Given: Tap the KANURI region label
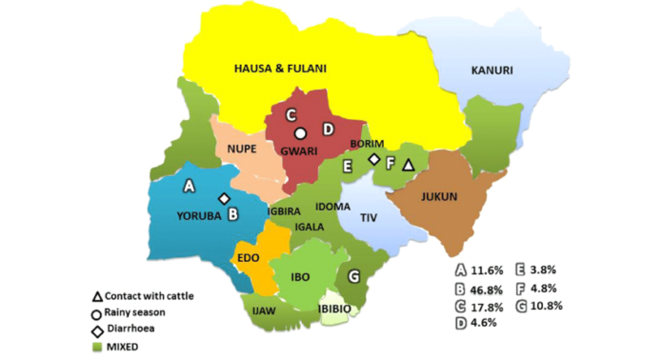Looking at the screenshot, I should (492, 70).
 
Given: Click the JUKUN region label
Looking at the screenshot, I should (438, 197).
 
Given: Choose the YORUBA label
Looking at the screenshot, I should (199, 215).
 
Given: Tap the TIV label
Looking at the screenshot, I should (369, 217).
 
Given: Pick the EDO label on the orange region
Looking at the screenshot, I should (249, 257).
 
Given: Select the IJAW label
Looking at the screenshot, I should (264, 310).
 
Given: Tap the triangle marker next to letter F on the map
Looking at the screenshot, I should (408, 166).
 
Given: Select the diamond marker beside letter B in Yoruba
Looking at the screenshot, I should (224, 198).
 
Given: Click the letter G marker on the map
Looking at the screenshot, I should (354, 277).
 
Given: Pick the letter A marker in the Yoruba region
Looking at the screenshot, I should (189, 184).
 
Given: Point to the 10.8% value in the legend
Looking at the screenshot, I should (552, 306).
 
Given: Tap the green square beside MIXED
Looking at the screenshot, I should (97, 346).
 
